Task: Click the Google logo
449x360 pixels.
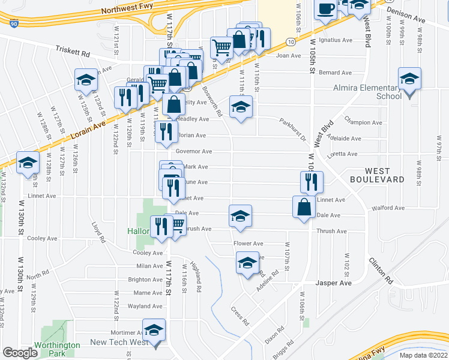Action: pos(20,352)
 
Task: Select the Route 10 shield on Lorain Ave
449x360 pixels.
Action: pos(290,41)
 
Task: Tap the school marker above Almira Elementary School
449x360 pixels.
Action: pos(409,79)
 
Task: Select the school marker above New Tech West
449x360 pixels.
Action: pos(154,331)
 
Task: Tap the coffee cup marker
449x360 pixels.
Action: pos(325,8)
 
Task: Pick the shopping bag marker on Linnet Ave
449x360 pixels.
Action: pos(304,206)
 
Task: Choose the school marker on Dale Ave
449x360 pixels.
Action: pos(240,216)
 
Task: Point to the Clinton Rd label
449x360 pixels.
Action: pos(381,272)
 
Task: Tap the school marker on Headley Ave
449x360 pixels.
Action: pos(241,106)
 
